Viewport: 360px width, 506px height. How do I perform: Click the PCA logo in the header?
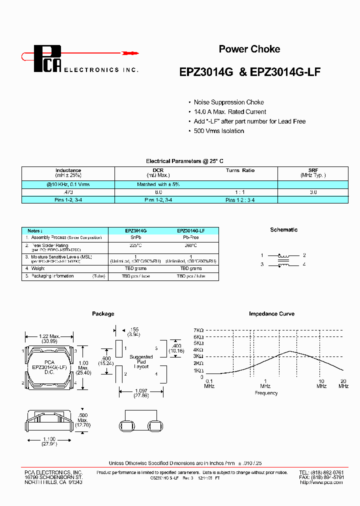47,58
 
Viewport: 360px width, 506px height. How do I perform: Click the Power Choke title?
249,49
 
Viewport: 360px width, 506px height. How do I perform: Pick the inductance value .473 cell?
68,192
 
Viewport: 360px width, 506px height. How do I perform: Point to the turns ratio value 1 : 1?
240,192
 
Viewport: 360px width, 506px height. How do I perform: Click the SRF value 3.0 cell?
313,192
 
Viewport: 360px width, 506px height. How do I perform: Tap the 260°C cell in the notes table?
190,246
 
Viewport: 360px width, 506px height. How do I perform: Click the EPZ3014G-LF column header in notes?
190,231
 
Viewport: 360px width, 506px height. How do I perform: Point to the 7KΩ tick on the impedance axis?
199,330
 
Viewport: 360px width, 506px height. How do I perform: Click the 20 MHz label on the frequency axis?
343,383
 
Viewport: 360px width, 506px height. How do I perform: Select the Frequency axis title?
266,393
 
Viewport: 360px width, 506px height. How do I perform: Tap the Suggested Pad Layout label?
141,361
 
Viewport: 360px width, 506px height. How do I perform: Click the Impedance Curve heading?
271,314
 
